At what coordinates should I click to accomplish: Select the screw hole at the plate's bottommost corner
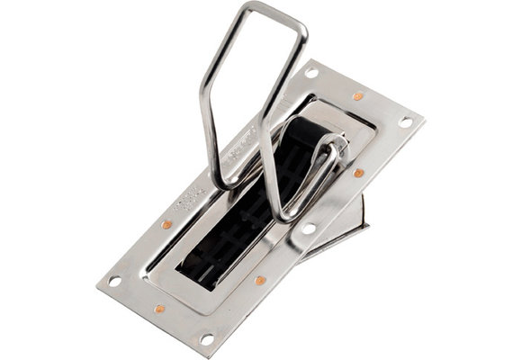[x=207, y=338]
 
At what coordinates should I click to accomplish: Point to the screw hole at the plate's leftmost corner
[x=115, y=281]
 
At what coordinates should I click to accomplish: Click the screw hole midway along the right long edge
[x=309, y=229]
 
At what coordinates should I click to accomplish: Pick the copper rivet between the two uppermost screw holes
[x=358, y=94]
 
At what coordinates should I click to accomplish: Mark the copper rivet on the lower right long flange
[x=260, y=280]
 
